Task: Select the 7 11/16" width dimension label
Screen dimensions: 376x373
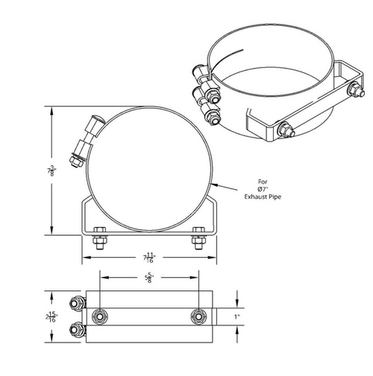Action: (149, 258)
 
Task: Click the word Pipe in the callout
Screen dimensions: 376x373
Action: (276, 196)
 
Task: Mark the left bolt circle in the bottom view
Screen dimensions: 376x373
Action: (99, 316)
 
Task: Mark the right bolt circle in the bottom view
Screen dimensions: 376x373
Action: (198, 316)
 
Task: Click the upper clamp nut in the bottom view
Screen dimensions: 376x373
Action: (75, 304)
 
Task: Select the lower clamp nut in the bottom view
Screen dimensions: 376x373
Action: (75, 330)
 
